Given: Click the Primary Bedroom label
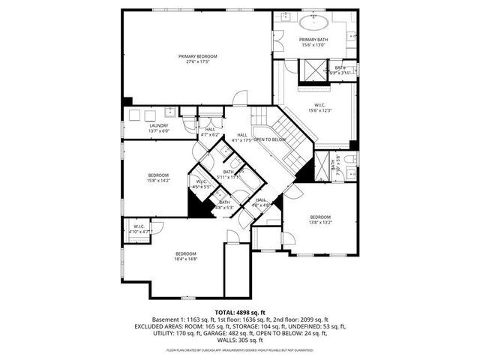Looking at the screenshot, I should (197, 59).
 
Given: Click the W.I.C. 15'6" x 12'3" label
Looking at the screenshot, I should (319, 108).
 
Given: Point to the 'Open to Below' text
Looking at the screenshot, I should (270, 140).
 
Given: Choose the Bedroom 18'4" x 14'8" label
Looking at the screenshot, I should (185, 256).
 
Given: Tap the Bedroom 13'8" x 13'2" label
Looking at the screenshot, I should (320, 220).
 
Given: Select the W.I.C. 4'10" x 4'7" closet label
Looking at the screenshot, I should (139, 229).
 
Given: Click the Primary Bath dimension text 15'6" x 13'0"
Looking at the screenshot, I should (313, 45).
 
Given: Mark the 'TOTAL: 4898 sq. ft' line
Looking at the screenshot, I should (240, 311).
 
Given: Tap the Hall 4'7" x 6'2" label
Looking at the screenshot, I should (211, 132).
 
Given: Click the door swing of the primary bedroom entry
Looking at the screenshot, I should (240, 97).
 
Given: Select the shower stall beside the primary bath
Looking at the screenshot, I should (309, 70).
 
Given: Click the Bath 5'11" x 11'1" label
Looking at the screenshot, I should (227, 174).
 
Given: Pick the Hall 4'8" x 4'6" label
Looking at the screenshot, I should (261, 202).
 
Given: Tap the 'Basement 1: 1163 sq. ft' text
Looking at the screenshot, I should (183, 319).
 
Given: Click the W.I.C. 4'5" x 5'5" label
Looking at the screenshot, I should (201, 184).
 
